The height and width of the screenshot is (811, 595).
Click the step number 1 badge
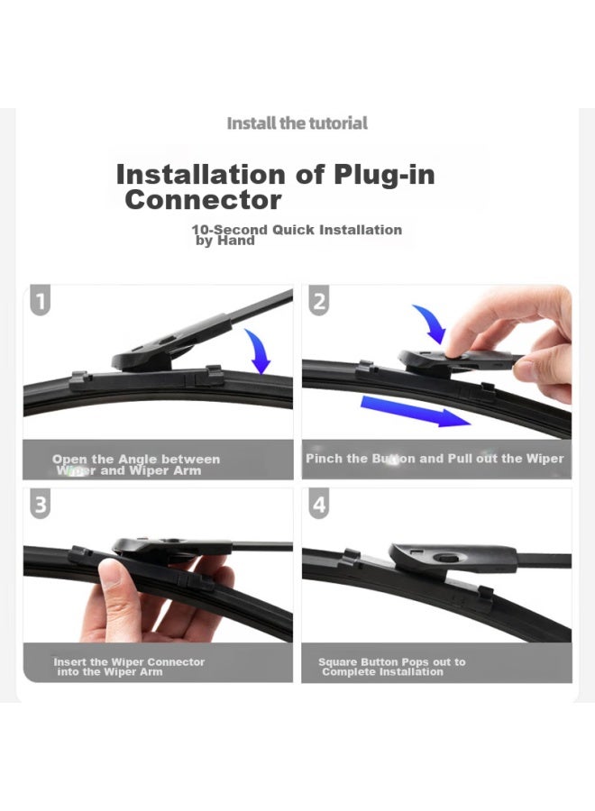41,301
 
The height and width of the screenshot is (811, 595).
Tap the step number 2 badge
319,301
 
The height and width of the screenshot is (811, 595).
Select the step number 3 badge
41,504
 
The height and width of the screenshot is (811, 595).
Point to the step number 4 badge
319,505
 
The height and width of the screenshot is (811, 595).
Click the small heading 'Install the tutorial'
297,123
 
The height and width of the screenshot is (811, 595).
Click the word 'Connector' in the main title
203,200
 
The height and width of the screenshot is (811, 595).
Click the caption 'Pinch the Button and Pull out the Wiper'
435,459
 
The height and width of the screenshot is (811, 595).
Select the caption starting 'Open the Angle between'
135,465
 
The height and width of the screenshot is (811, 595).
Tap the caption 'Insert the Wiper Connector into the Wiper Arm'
129,667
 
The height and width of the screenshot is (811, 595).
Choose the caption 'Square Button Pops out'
391,667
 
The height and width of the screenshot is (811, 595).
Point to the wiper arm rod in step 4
541,560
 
